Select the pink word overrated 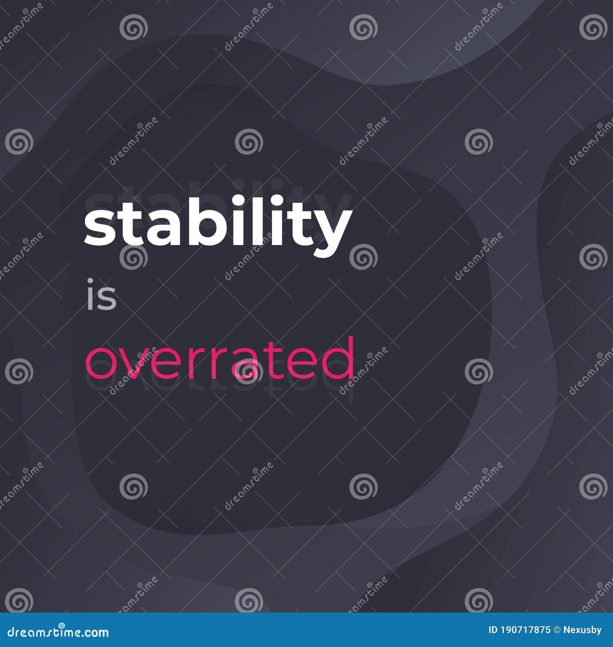[220, 358]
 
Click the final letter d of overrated [339, 358]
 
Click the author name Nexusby [583, 630]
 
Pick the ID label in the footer [493, 630]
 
